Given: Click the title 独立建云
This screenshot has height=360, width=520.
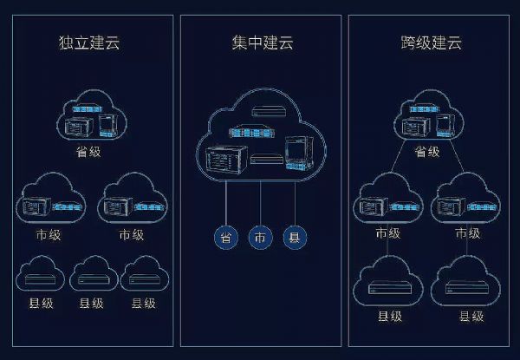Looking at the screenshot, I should [90, 42].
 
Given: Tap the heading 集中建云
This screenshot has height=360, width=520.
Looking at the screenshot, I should [260, 42].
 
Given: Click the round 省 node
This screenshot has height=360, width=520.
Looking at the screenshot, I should [225, 237].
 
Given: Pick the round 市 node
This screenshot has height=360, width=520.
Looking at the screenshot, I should [260, 237].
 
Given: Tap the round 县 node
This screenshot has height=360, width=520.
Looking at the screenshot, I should [296, 237].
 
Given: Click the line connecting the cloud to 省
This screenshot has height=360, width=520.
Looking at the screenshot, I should [225, 205].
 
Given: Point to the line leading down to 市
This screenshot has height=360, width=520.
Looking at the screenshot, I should [260, 205].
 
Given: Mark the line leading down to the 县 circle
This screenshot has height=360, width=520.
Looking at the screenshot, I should [296, 205].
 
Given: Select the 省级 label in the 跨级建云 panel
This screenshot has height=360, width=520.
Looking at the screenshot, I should [426, 152].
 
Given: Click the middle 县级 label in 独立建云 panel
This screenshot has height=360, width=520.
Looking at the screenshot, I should [91, 304].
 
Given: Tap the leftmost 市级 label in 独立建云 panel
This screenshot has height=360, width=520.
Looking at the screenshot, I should [49, 234].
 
